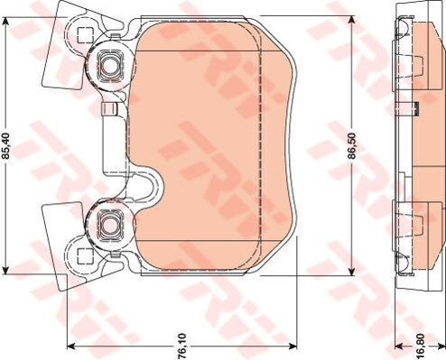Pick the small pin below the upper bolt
(112, 110)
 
